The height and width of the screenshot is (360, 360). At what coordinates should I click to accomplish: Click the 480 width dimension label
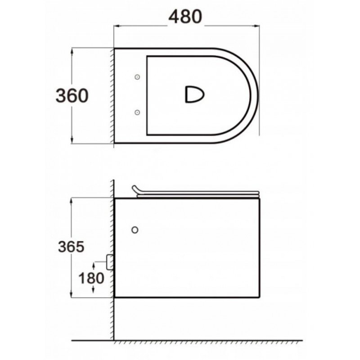(x=185, y=17)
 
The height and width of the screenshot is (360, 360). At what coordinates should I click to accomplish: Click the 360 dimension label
(x=72, y=95)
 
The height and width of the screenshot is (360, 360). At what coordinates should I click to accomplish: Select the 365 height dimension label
(x=71, y=247)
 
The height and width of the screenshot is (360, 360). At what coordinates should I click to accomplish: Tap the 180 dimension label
(x=91, y=278)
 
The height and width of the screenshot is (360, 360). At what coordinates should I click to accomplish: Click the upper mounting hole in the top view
(x=137, y=77)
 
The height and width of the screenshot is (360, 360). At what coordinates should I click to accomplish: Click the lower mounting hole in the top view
(x=137, y=112)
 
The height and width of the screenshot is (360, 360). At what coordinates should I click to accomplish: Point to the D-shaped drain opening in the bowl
(x=195, y=94)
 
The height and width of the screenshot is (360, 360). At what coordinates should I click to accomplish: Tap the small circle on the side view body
(x=135, y=230)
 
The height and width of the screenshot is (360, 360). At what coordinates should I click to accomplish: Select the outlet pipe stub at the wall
(x=110, y=262)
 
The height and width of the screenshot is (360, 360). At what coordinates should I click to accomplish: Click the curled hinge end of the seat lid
(x=135, y=189)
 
